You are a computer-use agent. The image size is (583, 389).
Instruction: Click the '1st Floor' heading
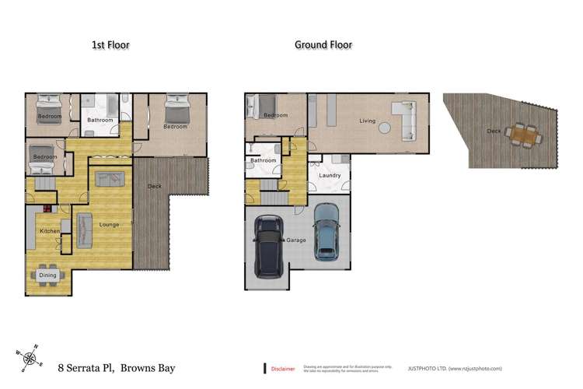(x=110, y=45)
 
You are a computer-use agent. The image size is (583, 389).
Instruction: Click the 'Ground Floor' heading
(x=323, y=44)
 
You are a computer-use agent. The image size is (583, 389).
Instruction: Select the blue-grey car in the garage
(x=326, y=231)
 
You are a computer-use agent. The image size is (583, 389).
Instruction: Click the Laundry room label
(x=330, y=176)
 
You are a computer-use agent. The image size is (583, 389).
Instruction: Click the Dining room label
(x=47, y=275)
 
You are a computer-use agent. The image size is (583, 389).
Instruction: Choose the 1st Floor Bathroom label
(x=99, y=121)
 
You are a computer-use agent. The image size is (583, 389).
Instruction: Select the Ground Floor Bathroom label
(x=264, y=161)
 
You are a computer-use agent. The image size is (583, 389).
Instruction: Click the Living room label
(x=368, y=121)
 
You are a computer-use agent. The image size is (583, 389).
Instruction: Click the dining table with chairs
(x=47, y=275)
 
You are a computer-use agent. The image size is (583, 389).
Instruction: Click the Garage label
(x=298, y=240)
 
